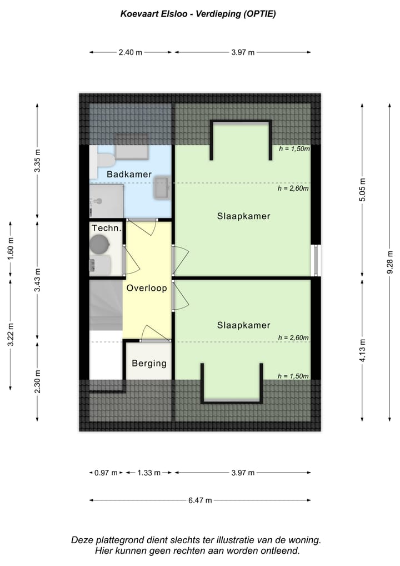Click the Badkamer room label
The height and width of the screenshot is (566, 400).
[x=129, y=174]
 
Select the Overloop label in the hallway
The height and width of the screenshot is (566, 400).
[x=147, y=288]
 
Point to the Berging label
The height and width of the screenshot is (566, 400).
[x=149, y=363]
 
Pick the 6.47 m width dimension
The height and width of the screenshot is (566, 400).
[x=200, y=500]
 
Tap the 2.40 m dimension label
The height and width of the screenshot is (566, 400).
[x=131, y=52]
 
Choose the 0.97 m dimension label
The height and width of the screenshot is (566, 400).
[x=106, y=473]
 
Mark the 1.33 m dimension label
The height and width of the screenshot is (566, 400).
[x=148, y=473]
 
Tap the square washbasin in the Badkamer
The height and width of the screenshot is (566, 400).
[x=162, y=187]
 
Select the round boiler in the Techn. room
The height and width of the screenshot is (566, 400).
[x=99, y=244]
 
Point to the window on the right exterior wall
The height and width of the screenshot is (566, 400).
[x=316, y=260]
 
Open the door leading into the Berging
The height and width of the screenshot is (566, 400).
[x=154, y=334]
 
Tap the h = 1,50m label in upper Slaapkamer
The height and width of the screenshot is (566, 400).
[x=293, y=149]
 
